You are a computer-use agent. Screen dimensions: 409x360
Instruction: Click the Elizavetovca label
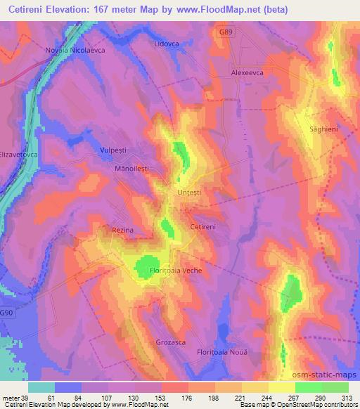click(x=17, y=153)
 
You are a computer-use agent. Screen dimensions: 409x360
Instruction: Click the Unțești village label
click(x=188, y=192)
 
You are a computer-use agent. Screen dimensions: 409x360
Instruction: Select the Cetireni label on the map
click(x=207, y=227)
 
